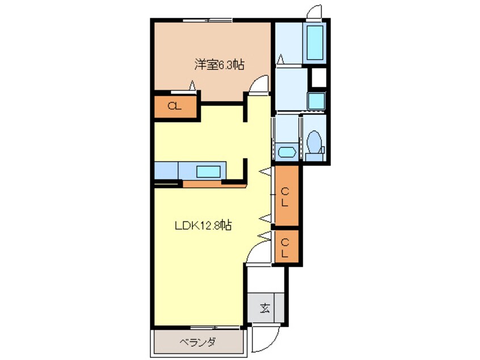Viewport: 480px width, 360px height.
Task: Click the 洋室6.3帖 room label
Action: [220, 65]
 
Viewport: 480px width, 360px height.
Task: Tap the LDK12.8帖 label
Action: [202, 225]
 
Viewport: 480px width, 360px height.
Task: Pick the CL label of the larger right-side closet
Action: [285, 196]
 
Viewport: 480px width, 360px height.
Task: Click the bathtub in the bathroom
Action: [314, 43]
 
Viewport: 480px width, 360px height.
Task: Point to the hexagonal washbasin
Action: [286, 152]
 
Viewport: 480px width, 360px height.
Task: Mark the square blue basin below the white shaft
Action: [317, 101]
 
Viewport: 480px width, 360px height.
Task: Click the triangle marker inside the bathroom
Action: [281, 58]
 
